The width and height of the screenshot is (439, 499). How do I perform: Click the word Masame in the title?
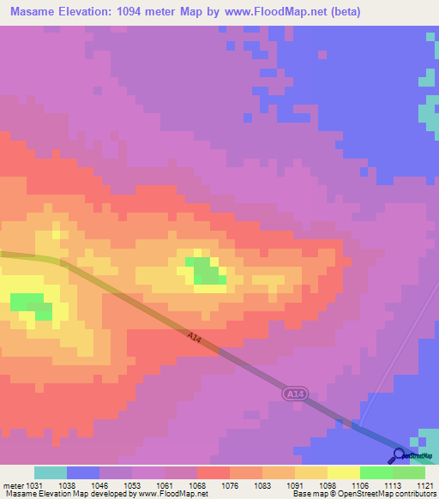coord(33,12)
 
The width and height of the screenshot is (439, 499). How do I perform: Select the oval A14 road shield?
coord(294,393)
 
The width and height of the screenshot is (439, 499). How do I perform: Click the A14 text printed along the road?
coord(195,339)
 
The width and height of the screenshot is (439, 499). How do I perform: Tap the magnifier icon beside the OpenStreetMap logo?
coord(398,454)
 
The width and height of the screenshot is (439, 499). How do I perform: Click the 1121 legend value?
coord(425,485)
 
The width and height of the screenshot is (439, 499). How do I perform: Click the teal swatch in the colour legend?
coord(51,472)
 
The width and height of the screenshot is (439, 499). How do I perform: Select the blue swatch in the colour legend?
coord(83,472)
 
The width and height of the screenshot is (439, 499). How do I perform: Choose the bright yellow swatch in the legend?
coord(343,472)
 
